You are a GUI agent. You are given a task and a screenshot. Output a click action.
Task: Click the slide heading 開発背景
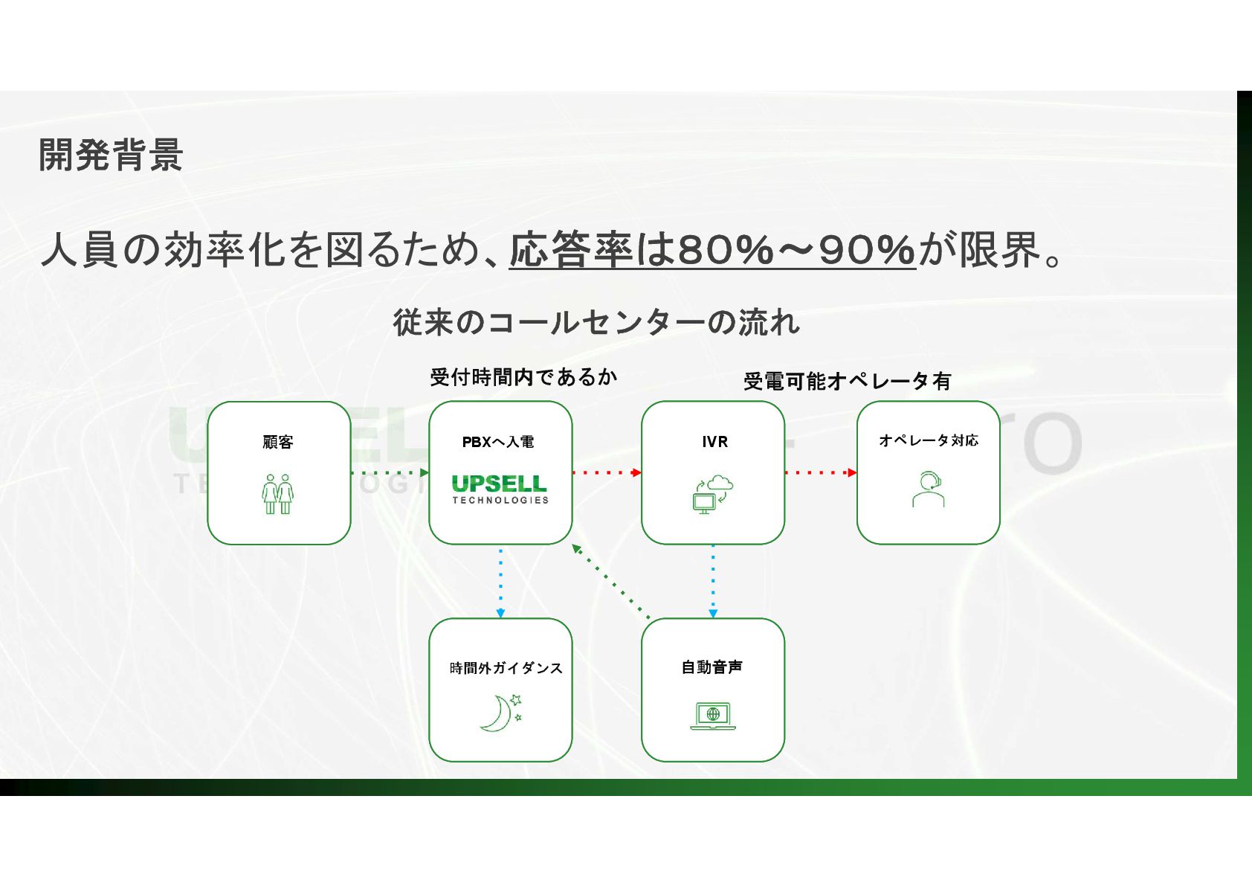tap(111, 155)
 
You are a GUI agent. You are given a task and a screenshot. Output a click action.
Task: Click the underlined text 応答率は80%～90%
tap(711, 249)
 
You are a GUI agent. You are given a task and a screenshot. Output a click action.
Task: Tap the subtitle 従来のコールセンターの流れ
tap(596, 322)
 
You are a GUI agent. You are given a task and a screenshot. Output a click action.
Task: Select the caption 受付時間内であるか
tap(523, 377)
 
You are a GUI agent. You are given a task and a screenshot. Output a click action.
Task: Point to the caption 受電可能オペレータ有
tap(847, 381)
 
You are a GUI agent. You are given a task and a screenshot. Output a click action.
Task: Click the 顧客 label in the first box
tap(278, 442)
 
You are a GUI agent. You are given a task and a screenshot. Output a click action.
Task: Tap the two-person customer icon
tap(278, 493)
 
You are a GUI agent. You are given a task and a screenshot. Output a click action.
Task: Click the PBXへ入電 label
tap(498, 442)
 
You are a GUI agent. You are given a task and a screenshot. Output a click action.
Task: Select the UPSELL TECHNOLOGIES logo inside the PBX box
tap(500, 489)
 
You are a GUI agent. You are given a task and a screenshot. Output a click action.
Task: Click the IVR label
tap(714, 442)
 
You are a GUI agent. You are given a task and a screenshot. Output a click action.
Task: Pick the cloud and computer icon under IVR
tap(712, 493)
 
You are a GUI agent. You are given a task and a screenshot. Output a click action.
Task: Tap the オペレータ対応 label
tap(928, 440)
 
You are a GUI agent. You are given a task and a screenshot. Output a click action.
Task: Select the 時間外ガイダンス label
tap(506, 668)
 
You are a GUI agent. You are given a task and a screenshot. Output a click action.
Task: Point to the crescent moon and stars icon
tap(500, 712)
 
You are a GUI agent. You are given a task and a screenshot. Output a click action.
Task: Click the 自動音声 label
tap(711, 667)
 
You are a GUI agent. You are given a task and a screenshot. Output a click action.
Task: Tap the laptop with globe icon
tap(712, 716)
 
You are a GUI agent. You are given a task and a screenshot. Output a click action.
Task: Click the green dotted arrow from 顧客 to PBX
tap(389, 472)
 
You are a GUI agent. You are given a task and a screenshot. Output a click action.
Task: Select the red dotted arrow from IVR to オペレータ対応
tap(820, 472)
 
